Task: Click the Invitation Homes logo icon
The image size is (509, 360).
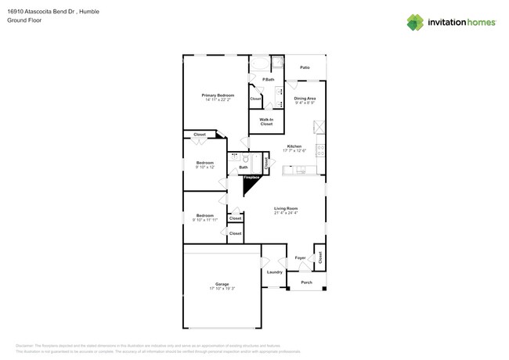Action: [415, 23]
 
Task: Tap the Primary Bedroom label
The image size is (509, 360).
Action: [218, 95]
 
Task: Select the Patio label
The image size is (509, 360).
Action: [305, 68]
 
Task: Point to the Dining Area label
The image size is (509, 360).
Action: [305, 98]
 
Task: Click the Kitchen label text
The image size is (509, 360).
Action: [294, 146]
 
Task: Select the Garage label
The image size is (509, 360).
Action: [222, 284]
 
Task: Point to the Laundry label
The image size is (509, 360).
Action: [274, 272]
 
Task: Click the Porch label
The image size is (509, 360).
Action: [306, 283]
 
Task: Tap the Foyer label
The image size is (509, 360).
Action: [300, 257]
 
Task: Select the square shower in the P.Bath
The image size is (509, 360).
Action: [278, 64]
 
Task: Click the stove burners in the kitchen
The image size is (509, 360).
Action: [319, 149]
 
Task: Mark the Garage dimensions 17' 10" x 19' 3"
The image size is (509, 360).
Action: [222, 289]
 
